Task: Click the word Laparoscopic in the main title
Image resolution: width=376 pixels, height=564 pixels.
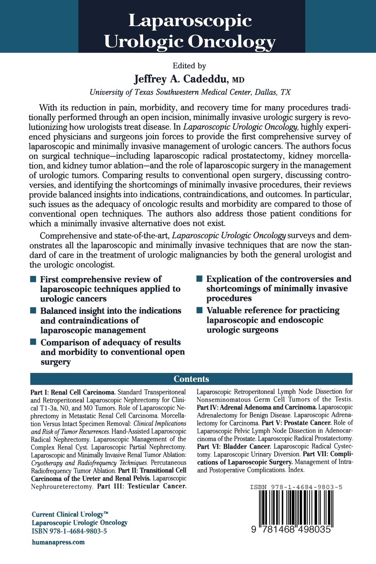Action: pos(190,20)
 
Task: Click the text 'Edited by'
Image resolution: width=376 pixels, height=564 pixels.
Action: pos(189,66)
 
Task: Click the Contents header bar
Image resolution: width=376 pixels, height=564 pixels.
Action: pos(192,379)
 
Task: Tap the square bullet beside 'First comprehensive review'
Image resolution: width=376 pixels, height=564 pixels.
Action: pos(33,279)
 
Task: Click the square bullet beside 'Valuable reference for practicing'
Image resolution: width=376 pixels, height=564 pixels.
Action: pos(200,310)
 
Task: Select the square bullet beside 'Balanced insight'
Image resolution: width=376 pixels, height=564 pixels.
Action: pos(33,311)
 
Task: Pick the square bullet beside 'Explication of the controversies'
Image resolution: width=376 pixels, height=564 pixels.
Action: pos(200,279)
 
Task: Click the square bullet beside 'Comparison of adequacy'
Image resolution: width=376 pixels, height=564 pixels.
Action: pos(33,342)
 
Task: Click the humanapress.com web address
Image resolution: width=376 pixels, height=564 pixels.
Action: pos(58,542)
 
